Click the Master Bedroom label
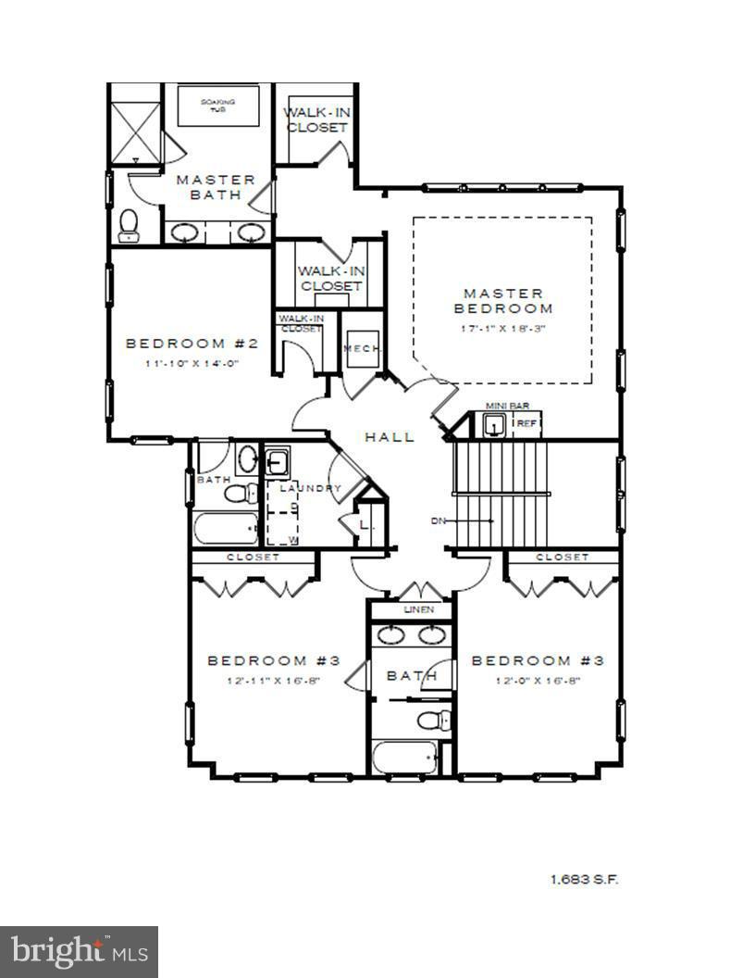[502, 301]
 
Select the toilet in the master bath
[129, 224]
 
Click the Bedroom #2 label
[192, 344]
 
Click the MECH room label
[362, 348]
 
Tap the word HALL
[389, 437]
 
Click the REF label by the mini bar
[526, 423]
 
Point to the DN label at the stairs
[439, 520]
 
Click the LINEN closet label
[418, 610]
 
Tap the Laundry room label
[311, 488]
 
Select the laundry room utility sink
[277, 461]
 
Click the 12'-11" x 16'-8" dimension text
[274, 681]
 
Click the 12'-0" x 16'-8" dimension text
[538, 681]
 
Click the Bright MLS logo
[79, 951]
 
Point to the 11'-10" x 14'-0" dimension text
[192, 364]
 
